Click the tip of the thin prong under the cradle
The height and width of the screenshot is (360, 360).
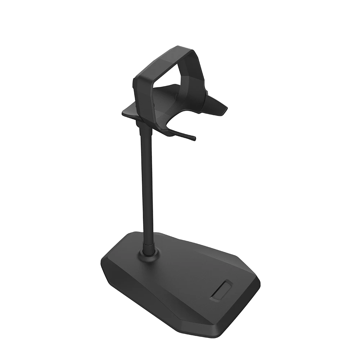click(x=194, y=138)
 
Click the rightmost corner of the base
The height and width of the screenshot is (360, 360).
click(x=260, y=283)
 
